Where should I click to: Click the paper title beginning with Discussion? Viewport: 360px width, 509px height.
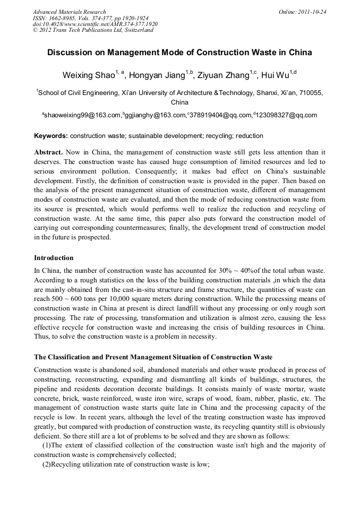pyautogui.click(x=179, y=53)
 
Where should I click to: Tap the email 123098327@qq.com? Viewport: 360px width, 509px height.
pyautogui.click(x=287, y=115)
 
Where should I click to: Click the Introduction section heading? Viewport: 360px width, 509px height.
pyautogui.click(x=54, y=258)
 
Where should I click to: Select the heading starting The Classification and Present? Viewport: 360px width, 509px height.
pyautogui.click(x=153, y=357)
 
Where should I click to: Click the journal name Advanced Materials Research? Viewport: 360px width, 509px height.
pyautogui.click(x=69, y=12)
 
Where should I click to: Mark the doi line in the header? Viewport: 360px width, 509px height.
pyautogui.click(x=95, y=24)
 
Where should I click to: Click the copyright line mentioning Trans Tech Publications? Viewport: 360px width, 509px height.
pyautogui.click(x=93, y=30)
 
